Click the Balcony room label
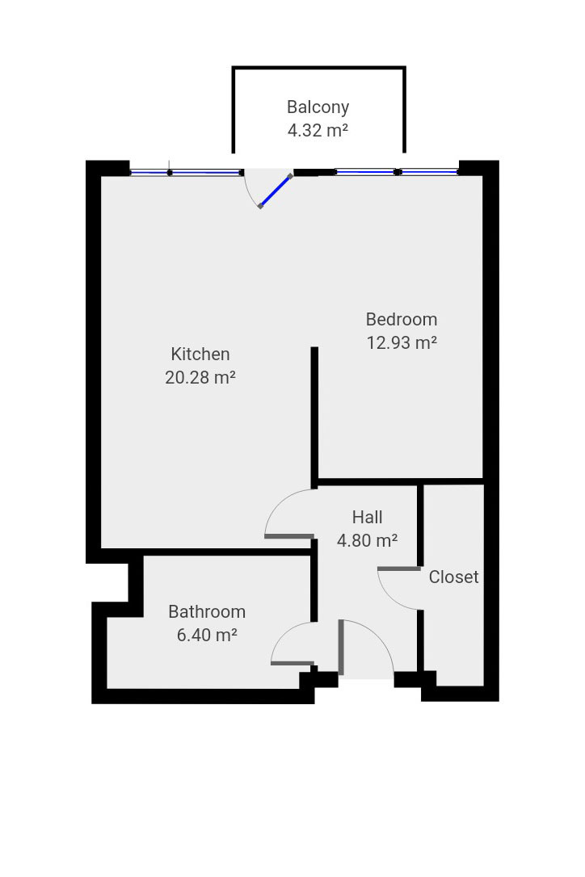318,107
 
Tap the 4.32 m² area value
318,130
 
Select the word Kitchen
200,354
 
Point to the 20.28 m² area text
200,378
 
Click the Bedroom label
402,319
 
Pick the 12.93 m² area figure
402,342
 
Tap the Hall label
367,518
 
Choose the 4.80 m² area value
367,540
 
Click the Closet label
453,577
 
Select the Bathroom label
207,612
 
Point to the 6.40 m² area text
207,636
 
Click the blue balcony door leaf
276,191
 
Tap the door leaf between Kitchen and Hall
288,536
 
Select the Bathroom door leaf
292,663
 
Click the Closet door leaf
399,569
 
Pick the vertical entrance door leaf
340,647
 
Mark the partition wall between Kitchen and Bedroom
314,417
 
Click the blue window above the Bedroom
397,172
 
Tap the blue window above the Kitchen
187,173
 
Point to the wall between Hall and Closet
420,526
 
